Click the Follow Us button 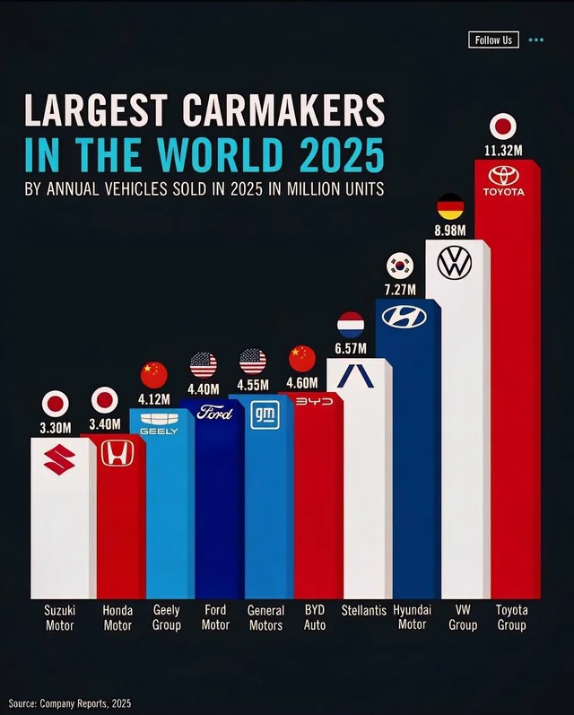[493, 40]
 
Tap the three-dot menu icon [536, 40]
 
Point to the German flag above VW [450, 206]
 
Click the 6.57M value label [352, 346]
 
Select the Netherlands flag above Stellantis [350, 324]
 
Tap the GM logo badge [264, 414]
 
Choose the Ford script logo [214, 413]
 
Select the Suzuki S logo [60, 460]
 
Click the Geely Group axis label [166, 617]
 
